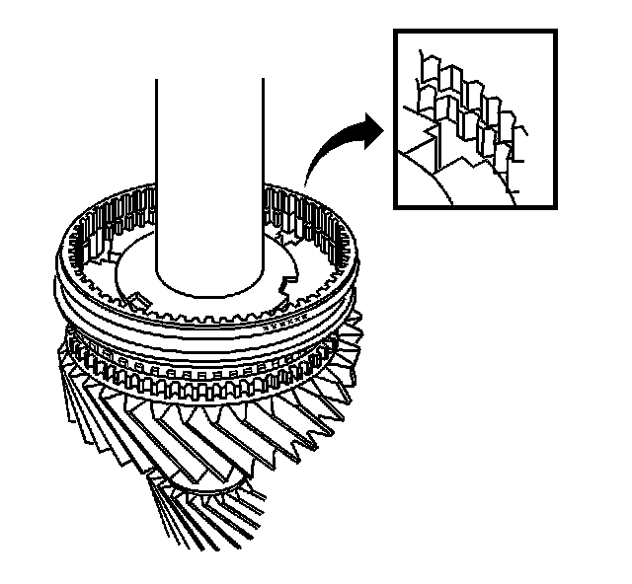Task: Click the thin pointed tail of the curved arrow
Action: (x=305, y=183)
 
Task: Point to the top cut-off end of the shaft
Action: (x=209, y=79)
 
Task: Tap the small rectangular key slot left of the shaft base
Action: (x=139, y=298)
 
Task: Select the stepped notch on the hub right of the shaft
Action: (x=287, y=286)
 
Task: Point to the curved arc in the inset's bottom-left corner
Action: (x=425, y=182)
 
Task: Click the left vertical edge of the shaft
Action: (x=155, y=178)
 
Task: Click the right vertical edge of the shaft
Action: (x=264, y=178)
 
